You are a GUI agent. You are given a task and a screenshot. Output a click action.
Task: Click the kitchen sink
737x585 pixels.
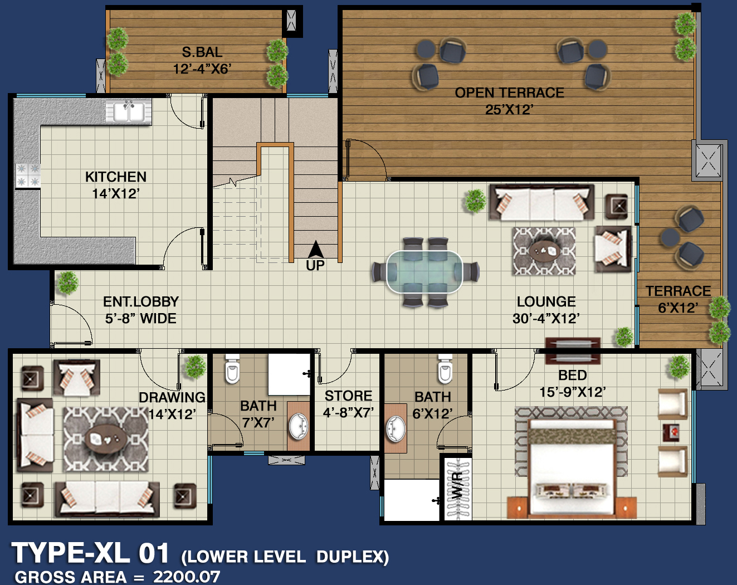pos(129,112)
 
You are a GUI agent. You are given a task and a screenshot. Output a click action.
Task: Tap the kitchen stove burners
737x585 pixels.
pos(28,175)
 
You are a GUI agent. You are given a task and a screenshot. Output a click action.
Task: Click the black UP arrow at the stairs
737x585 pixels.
pos(315,250)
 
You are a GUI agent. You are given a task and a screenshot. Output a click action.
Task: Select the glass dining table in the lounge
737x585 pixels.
pos(424,272)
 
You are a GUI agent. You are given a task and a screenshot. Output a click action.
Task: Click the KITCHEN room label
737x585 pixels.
pos(116,177)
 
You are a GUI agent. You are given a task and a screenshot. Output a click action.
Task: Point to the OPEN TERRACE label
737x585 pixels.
pos(509,93)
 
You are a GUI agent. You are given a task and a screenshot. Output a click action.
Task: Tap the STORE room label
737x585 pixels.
pos(348,396)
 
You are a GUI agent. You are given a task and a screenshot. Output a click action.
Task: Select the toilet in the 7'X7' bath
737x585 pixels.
pos(232,369)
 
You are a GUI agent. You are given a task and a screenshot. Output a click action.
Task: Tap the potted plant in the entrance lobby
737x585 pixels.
pos(68,283)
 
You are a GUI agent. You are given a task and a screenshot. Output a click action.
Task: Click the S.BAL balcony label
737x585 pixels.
pos(202,52)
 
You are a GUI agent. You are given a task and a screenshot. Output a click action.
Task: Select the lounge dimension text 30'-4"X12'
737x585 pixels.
pos(546,319)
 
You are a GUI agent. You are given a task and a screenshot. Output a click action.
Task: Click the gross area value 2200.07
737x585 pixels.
pos(187,577)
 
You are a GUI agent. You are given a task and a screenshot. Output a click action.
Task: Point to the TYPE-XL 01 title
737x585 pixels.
pos(90,553)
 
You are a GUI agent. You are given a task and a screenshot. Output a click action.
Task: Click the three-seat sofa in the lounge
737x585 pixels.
pos(542,202)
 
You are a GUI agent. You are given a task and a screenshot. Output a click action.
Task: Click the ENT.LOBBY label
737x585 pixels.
pos(141,302)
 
